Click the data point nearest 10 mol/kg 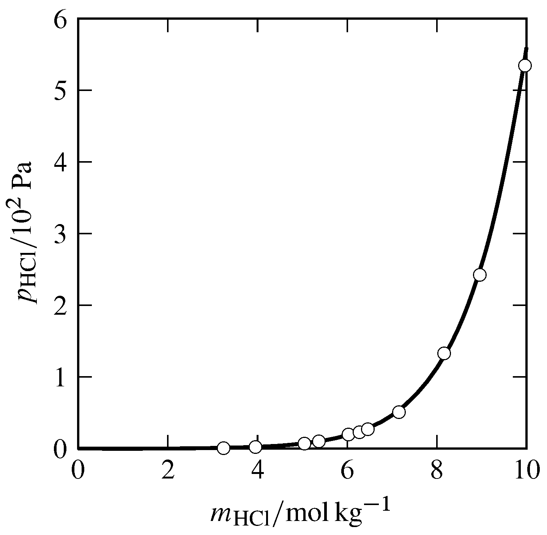tap(525, 66)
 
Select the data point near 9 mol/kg tap(480, 275)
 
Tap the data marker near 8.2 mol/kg tap(444, 353)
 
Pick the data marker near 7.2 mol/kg tap(399, 412)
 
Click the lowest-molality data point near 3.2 tap(224, 448)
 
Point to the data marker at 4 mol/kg tap(256, 447)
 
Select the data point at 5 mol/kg tap(304, 444)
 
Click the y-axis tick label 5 tap(62, 91)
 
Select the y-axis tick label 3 tap(62, 234)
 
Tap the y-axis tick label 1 tap(62, 377)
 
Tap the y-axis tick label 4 tap(62, 162)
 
